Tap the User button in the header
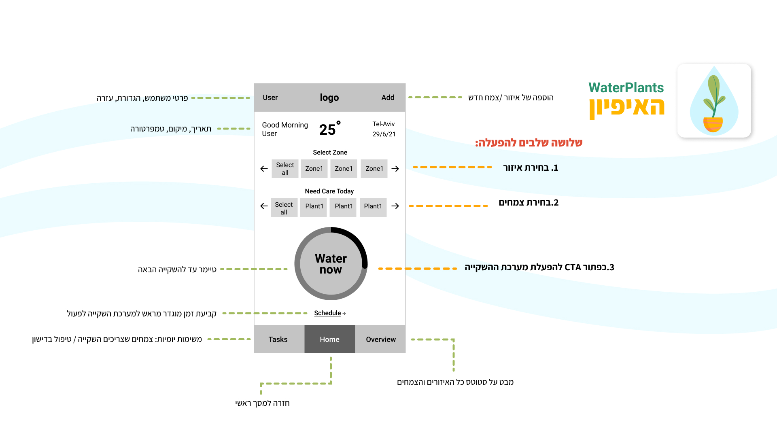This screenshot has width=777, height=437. [x=270, y=98]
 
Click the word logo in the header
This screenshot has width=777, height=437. [x=329, y=98]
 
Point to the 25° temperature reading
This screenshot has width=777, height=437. [x=329, y=129]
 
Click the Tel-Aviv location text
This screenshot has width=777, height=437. [x=383, y=124]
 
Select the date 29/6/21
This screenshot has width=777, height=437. [x=384, y=134]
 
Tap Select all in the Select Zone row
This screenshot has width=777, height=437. [x=285, y=169]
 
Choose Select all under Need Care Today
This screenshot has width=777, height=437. [x=284, y=208]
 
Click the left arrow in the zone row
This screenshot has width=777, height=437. [x=264, y=169]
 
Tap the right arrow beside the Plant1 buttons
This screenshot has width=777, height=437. [x=395, y=206]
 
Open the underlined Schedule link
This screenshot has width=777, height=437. [x=328, y=313]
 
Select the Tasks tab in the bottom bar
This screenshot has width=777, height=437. [x=278, y=339]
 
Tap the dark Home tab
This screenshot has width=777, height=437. [x=329, y=339]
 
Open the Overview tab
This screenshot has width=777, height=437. [x=381, y=339]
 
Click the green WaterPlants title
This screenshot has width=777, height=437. [x=626, y=88]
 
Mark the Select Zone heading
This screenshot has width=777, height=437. [x=330, y=153]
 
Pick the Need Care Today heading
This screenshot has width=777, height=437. [x=329, y=191]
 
